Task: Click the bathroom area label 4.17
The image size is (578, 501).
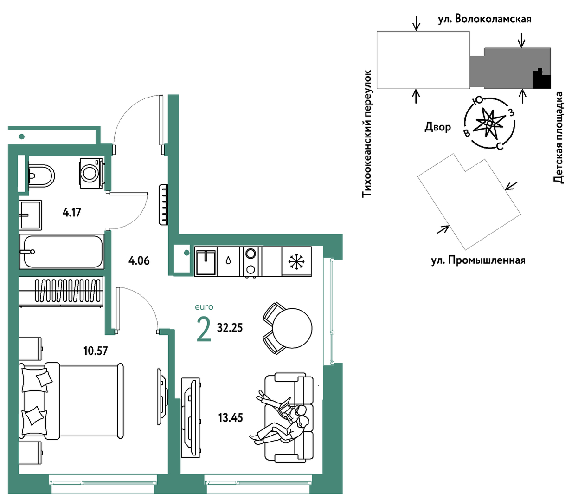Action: point(72,213)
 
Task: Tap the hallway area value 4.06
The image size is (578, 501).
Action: point(139,261)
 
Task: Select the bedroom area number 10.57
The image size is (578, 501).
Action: point(96,351)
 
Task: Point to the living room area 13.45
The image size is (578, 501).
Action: point(231,418)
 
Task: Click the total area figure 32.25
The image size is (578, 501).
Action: point(230,328)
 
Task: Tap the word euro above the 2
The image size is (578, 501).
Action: point(204,307)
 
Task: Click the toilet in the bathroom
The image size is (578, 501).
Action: point(41,176)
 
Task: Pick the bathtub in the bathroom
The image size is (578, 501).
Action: point(62,251)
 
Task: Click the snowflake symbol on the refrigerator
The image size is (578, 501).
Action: point(296,261)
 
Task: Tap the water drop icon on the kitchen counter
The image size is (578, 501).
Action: point(228,261)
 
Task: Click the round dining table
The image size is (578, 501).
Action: point(292,328)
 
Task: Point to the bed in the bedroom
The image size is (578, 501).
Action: point(71,400)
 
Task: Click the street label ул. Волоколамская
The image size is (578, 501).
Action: point(485,19)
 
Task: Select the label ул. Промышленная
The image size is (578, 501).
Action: point(478,260)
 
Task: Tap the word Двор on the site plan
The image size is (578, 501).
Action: point(438,127)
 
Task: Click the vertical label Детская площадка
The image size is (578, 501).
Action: point(559,138)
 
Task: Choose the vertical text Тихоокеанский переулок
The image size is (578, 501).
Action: point(366,134)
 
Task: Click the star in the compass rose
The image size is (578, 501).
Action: point(490,123)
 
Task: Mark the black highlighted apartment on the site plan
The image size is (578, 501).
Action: point(542,79)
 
